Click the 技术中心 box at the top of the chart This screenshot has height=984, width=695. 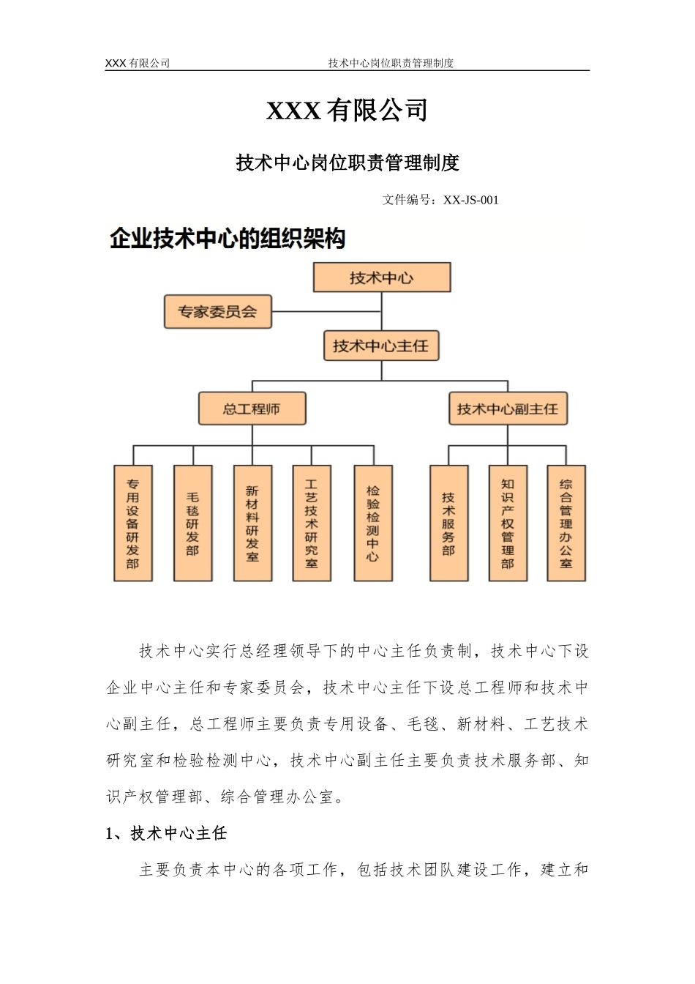(381, 277)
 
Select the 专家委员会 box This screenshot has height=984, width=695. (217, 312)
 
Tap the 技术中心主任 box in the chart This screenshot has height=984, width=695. (380, 346)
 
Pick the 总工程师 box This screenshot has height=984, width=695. (252, 409)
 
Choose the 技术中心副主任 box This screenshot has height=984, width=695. (507, 409)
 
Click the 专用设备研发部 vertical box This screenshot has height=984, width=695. (133, 523)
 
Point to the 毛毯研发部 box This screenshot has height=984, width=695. (192, 523)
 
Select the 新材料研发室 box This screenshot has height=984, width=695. (252, 523)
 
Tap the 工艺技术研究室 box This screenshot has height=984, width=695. (312, 523)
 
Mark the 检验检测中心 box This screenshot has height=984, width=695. (373, 523)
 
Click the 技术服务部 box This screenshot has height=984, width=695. (448, 523)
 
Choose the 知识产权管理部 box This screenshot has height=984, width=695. (508, 523)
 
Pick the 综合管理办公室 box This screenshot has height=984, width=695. (566, 523)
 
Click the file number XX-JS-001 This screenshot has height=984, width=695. (471, 200)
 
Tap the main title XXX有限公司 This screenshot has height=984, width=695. (347, 111)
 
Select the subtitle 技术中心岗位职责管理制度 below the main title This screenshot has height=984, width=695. (347, 163)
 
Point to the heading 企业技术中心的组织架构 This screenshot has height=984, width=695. (227, 239)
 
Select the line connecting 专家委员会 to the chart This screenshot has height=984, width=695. (326, 312)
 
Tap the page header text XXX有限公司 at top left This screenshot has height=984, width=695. (138, 63)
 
